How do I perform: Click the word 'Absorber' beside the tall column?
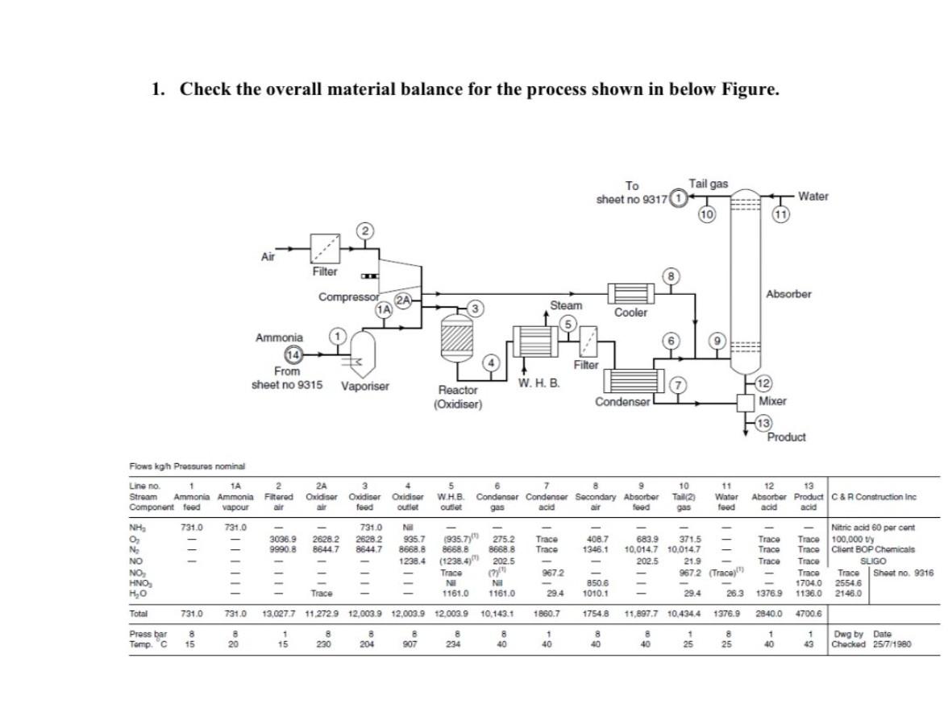point(788,294)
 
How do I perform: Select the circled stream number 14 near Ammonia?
point(294,355)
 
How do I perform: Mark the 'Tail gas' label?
point(708,184)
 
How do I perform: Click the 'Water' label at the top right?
point(813,196)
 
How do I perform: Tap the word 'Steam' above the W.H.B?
point(566,306)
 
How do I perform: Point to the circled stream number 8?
point(667,275)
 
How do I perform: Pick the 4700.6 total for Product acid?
point(808,614)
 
